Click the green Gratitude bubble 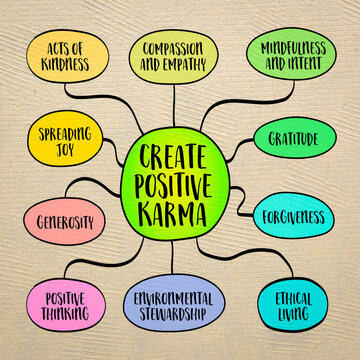(302, 140)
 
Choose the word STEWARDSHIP (173, 313)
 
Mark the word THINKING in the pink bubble (63, 313)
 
